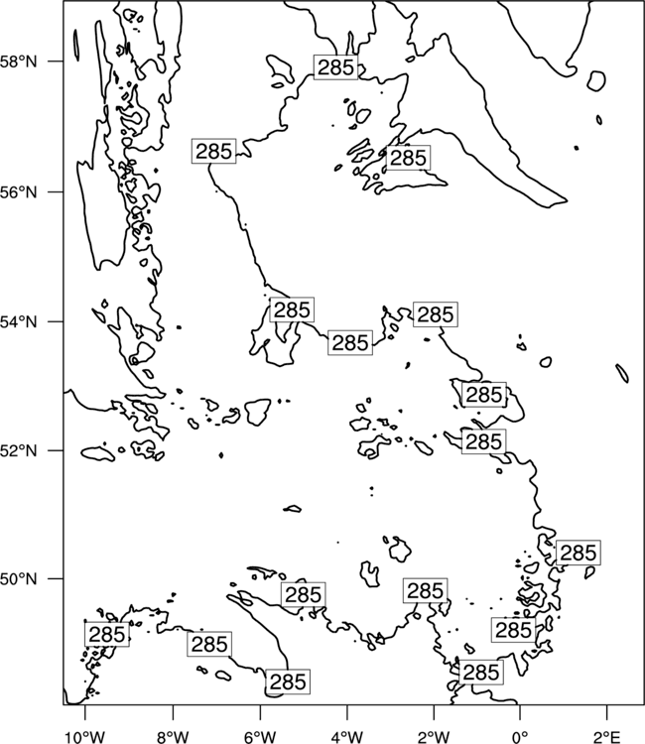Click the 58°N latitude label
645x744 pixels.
tap(19, 62)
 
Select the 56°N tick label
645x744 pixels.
tap(19, 192)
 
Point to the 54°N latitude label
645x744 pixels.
tap(19, 322)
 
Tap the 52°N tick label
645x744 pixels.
tap(19, 450)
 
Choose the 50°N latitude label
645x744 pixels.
tap(19, 579)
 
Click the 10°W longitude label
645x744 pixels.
tap(85, 737)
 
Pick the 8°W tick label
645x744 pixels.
tap(173, 737)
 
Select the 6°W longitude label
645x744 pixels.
tap(260, 737)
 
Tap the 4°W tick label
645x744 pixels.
tap(347, 737)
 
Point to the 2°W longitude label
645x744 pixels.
tap(434, 737)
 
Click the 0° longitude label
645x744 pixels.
tap(520, 737)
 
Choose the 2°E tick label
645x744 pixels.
tap(607, 737)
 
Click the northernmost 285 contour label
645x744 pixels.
tap(335, 67)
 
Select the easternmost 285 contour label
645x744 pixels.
tap(579, 553)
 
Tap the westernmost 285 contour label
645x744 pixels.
tap(107, 635)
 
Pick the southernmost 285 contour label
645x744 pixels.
tap(288, 682)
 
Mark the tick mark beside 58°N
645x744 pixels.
tap(55, 62)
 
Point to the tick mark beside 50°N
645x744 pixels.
tap(55, 579)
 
